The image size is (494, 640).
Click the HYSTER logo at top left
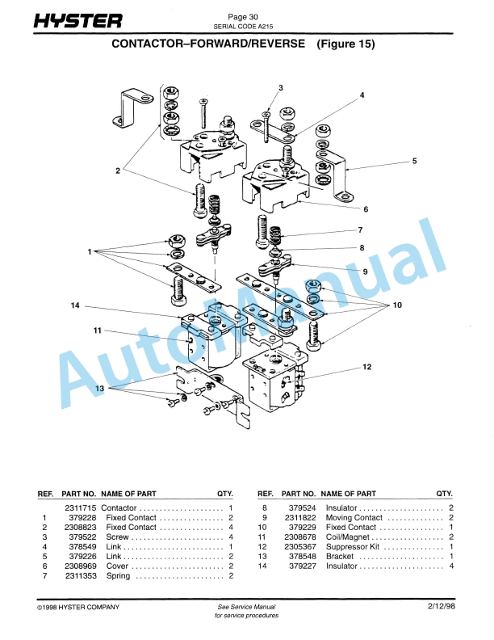[77, 21]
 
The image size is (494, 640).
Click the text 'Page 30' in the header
[243, 16]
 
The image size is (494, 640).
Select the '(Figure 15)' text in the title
[345, 45]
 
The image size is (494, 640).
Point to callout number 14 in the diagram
[74, 305]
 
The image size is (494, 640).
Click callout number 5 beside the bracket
[414, 162]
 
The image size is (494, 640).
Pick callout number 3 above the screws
[280, 87]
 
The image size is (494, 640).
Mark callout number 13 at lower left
[100, 389]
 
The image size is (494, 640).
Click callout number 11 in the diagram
[96, 331]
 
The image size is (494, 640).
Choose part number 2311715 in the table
[79, 507]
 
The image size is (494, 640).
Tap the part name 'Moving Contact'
[354, 517]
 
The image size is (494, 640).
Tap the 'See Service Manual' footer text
[246, 606]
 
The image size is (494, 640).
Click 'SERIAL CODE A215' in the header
[243, 26]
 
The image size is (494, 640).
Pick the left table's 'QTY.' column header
[224, 493]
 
